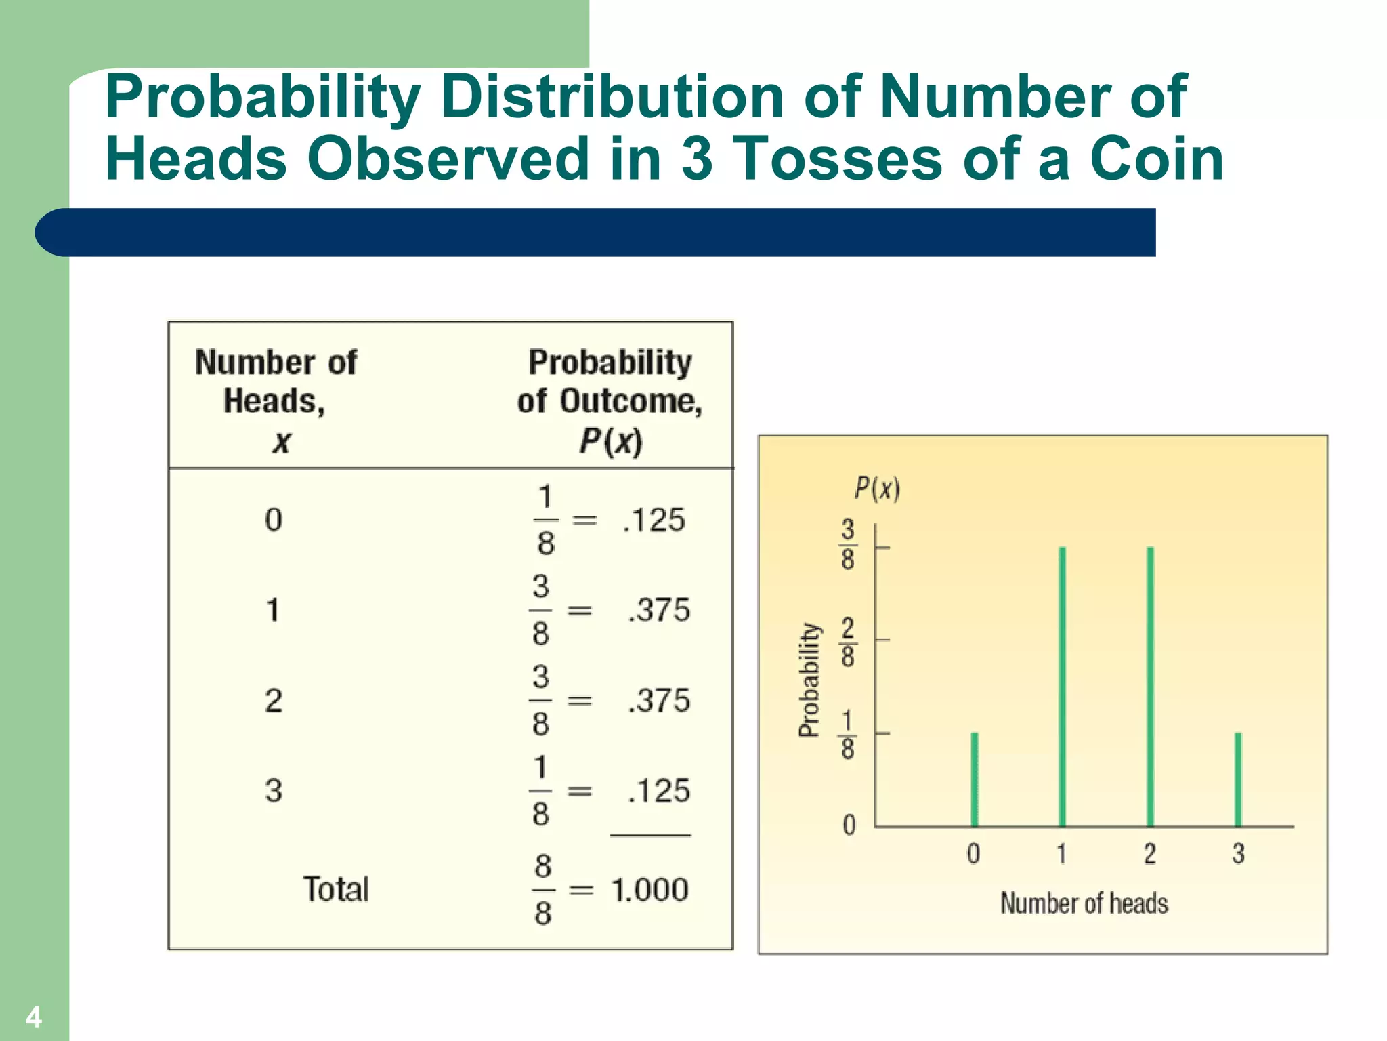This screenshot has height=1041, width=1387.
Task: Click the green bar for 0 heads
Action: [x=974, y=779]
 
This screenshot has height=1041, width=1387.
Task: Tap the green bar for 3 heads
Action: [x=1238, y=779]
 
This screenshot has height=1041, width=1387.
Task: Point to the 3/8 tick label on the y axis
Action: [x=848, y=544]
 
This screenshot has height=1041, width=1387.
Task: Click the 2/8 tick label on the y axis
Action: [x=848, y=642]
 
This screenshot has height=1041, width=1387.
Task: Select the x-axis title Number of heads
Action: [x=1084, y=903]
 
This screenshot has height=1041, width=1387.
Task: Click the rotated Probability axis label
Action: [x=809, y=679]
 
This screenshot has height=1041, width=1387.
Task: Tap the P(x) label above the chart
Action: [x=877, y=488]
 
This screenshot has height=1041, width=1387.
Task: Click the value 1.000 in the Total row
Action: [x=649, y=889]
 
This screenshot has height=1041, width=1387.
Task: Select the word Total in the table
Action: [x=336, y=889]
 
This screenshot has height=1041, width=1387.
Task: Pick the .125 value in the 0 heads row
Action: [x=654, y=520]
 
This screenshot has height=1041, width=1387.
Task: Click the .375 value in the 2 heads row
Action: [x=659, y=700]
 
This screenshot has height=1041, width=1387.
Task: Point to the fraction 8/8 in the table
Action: [x=542, y=889]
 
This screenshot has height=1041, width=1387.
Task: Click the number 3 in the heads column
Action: [x=273, y=790]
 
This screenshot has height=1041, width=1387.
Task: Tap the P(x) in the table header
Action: [x=610, y=441]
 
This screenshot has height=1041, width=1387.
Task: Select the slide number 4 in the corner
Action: [x=33, y=1017]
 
